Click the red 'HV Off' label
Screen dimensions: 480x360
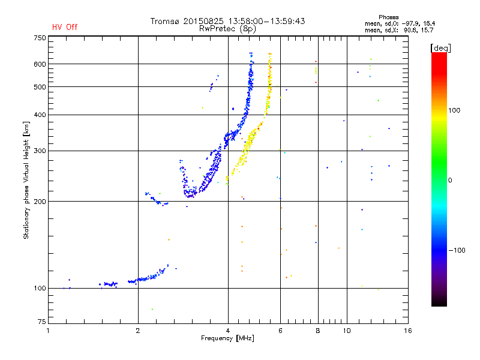click(x=65, y=27)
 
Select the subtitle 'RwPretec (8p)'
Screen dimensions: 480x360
click(x=227, y=29)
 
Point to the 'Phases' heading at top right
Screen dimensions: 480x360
click(x=388, y=17)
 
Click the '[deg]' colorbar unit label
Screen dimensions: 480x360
click(x=440, y=48)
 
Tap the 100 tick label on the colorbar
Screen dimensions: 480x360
click(x=454, y=110)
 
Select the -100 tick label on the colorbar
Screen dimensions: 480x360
click(x=457, y=250)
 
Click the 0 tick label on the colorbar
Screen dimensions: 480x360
click(x=450, y=181)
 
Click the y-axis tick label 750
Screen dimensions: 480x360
click(x=40, y=38)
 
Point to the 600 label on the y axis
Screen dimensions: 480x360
click(x=40, y=64)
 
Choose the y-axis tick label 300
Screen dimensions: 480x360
click(x=40, y=151)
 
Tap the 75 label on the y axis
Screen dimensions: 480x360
click(x=42, y=322)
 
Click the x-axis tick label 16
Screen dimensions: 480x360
click(x=408, y=331)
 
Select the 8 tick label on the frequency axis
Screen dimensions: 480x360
click(x=318, y=331)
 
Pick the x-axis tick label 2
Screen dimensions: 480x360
click(x=138, y=331)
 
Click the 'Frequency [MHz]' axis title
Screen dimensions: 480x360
click(x=227, y=338)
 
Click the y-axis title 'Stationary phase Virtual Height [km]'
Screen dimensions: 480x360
click(x=26, y=181)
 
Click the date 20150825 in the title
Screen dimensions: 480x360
click(x=203, y=21)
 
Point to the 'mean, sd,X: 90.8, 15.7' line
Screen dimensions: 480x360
click(x=399, y=31)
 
